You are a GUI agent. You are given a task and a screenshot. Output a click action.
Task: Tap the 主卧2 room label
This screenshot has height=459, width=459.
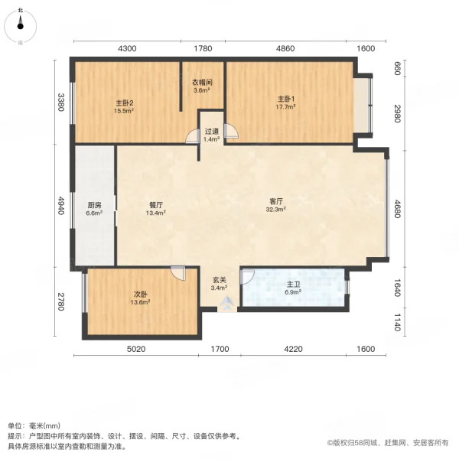pos(125,103)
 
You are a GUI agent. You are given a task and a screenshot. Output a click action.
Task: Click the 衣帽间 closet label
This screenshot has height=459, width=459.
pos(202,83)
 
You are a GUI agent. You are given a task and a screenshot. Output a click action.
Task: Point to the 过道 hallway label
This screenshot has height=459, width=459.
pos(212,131)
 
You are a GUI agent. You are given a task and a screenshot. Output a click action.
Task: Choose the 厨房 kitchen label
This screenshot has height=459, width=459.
pos(93,204)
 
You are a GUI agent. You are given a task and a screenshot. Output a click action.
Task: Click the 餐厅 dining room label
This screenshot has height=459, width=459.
pos(158,204)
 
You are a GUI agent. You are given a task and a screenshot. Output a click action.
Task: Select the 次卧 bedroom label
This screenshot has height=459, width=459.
pos(139,293)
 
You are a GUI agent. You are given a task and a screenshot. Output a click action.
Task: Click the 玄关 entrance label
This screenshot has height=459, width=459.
pos(218,279)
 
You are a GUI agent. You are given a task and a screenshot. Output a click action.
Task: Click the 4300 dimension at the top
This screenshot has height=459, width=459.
pos(127,48)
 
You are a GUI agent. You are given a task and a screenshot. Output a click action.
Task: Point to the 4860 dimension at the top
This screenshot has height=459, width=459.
pos(285,48)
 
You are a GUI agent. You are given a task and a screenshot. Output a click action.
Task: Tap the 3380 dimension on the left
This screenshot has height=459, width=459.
pos(61,102)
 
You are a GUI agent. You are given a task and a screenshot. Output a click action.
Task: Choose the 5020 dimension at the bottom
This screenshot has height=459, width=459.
pos(136,349)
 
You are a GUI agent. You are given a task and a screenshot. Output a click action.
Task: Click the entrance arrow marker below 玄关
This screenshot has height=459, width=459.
pos(226,304)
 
